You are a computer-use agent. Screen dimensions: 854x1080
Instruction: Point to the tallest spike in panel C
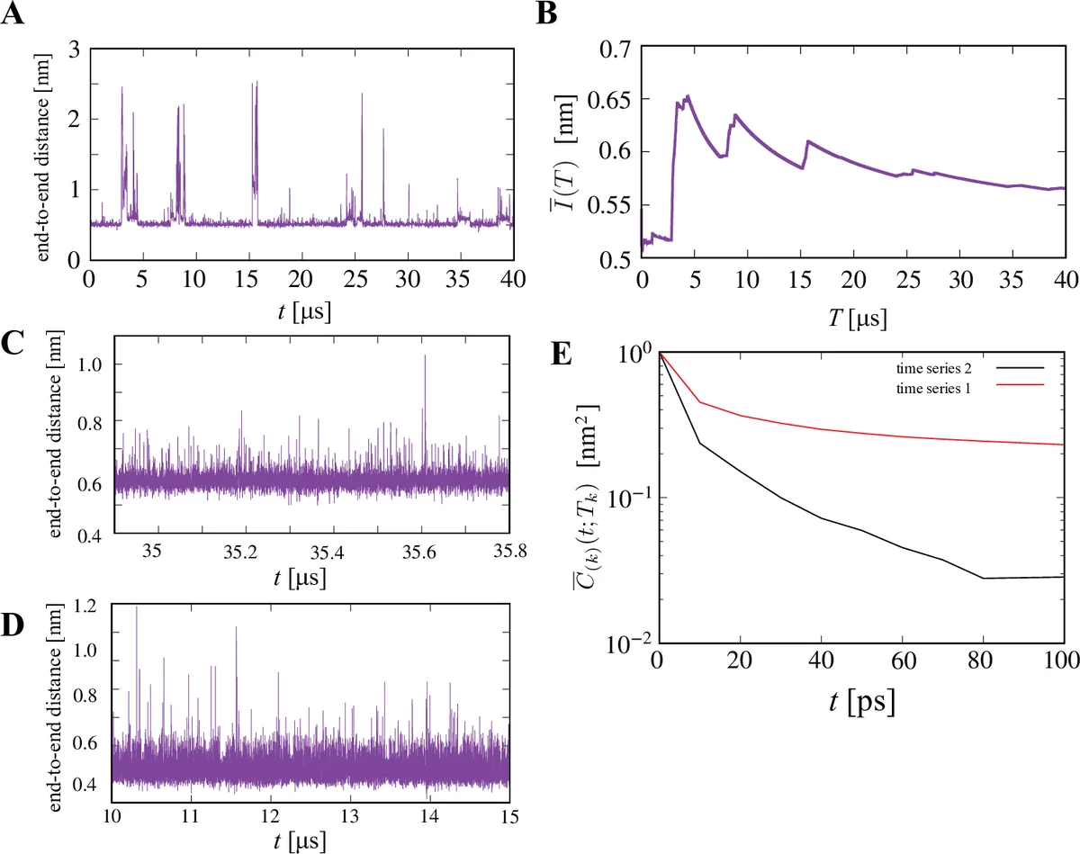[x=425, y=356]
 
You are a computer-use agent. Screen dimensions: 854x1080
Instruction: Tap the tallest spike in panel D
[x=137, y=607]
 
